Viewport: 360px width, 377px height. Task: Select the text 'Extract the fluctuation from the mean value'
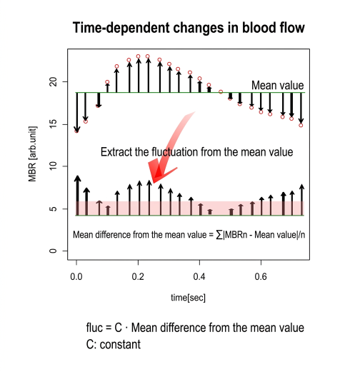[196, 152]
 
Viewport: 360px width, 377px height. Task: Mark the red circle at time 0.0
[76, 131]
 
